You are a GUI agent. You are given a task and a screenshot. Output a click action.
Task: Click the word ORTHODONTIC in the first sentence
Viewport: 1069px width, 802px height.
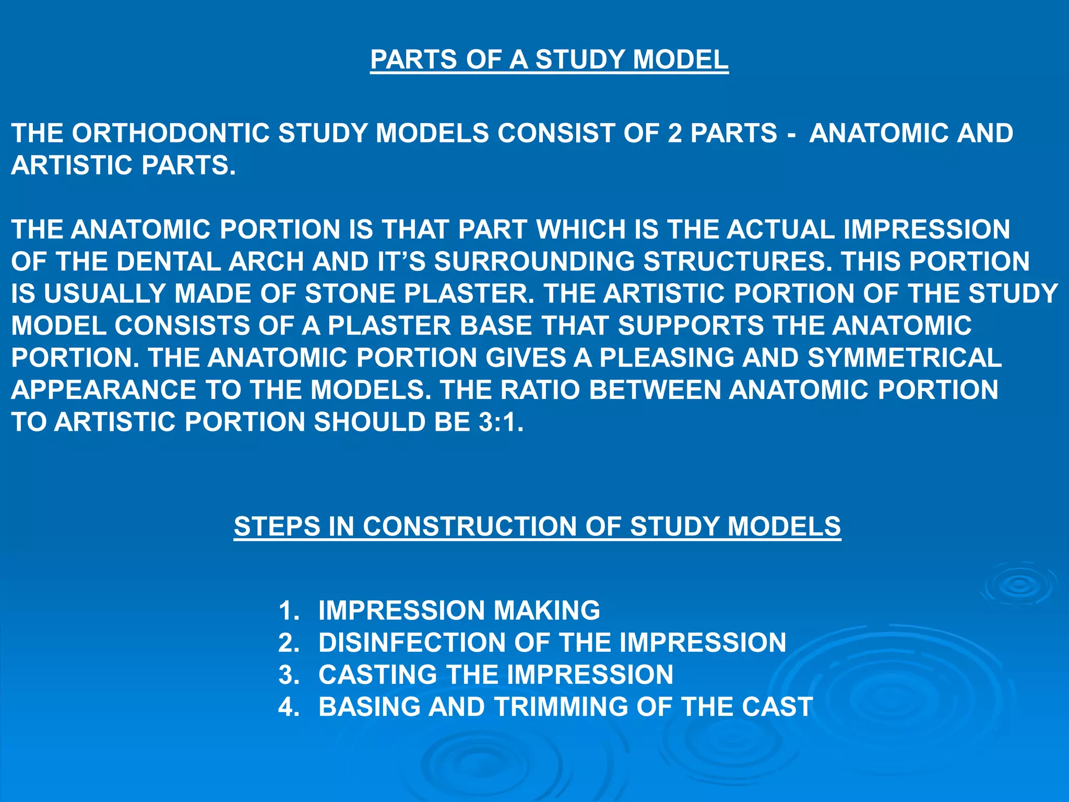point(170,133)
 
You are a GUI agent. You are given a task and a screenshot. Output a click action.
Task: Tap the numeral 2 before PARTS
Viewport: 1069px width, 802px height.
point(675,133)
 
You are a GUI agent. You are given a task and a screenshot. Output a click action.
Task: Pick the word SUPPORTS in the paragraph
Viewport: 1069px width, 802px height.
point(691,326)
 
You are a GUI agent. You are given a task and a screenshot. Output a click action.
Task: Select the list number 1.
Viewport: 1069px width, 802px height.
point(289,610)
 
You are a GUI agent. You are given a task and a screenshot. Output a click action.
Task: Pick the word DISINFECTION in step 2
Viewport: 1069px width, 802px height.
point(412,643)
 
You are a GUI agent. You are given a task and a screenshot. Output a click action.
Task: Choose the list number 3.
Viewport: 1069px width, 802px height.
point(289,675)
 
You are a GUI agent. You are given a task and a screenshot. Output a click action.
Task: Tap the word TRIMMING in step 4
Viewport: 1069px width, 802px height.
point(561,707)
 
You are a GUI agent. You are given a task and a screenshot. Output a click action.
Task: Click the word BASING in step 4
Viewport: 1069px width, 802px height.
point(369,707)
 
